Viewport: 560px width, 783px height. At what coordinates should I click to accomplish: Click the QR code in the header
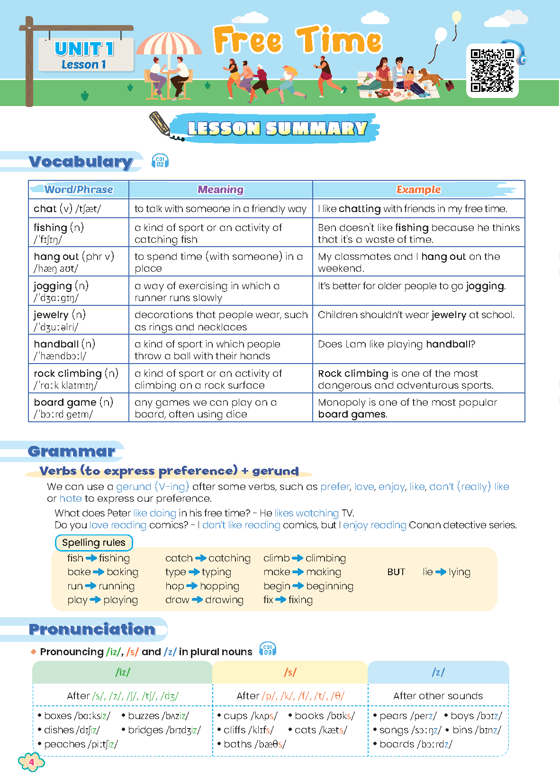492,71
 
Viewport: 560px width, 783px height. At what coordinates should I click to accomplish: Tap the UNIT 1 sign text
84,49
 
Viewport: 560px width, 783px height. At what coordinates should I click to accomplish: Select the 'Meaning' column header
220,190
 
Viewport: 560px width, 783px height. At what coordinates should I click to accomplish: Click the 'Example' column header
418,190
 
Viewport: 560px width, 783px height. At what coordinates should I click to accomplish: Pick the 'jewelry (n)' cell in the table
59,315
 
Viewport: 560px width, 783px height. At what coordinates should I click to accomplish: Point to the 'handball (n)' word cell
64,344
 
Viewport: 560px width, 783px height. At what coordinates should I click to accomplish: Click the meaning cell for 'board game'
205,408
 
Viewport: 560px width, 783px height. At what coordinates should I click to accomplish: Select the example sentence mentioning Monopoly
407,408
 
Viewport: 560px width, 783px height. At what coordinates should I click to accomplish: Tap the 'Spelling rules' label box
94,543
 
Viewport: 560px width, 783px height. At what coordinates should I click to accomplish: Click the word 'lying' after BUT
460,572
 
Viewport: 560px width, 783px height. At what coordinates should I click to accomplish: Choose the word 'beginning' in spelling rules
330,586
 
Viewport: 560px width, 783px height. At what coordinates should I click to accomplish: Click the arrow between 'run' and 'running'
90,586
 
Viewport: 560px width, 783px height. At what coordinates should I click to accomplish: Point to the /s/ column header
290,672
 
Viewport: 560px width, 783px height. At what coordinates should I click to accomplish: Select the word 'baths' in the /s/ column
238,744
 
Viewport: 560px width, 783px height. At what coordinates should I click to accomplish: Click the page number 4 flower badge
31,762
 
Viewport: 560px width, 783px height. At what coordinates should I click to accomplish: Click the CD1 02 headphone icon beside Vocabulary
160,161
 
